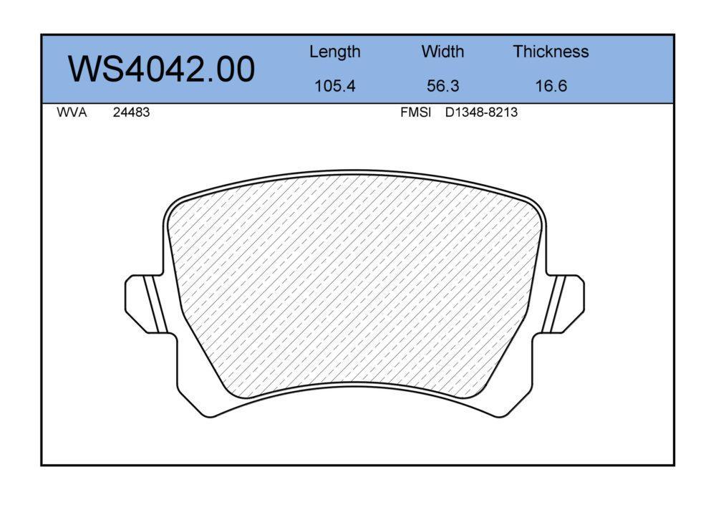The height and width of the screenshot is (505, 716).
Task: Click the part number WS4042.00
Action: click(161, 69)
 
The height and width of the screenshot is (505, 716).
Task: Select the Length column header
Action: click(334, 52)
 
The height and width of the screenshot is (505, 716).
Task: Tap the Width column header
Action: click(442, 51)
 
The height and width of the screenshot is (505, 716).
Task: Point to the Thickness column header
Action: click(551, 51)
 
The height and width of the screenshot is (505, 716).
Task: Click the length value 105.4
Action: click(334, 86)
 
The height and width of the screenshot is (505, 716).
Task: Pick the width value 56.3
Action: click(442, 86)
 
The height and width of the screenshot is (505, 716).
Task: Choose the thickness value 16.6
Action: click(551, 86)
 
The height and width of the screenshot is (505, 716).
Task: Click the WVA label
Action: click(72, 112)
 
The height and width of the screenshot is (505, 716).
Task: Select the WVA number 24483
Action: click(131, 112)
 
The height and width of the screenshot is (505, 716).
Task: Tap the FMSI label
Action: click(415, 112)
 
